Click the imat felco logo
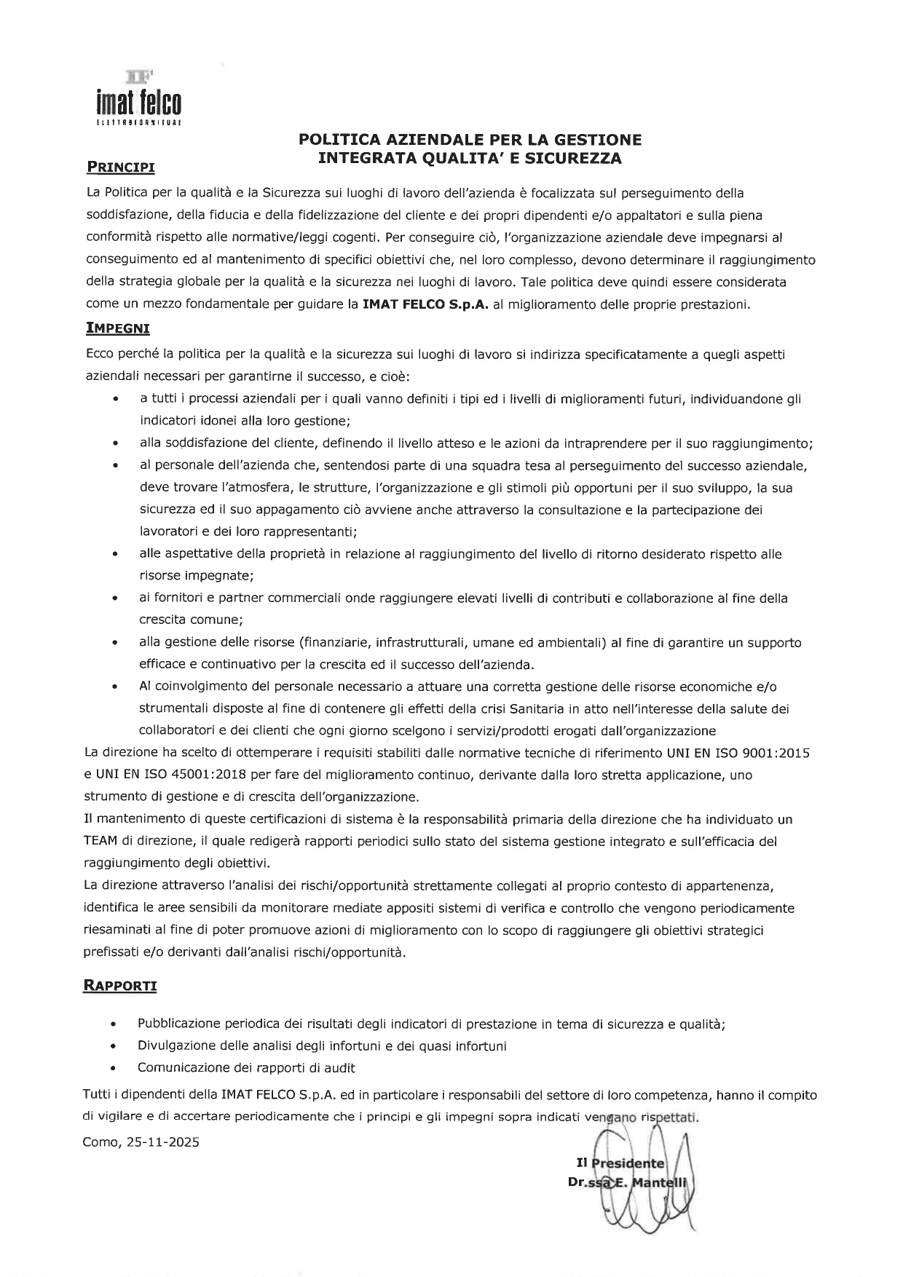(138, 98)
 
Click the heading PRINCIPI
(121, 167)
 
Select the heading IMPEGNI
(117, 328)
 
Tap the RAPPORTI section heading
(120, 986)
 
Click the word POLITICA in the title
(341, 139)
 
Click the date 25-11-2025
(162, 1142)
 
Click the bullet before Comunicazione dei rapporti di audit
(113, 1069)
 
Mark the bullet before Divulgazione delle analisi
(113, 1046)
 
